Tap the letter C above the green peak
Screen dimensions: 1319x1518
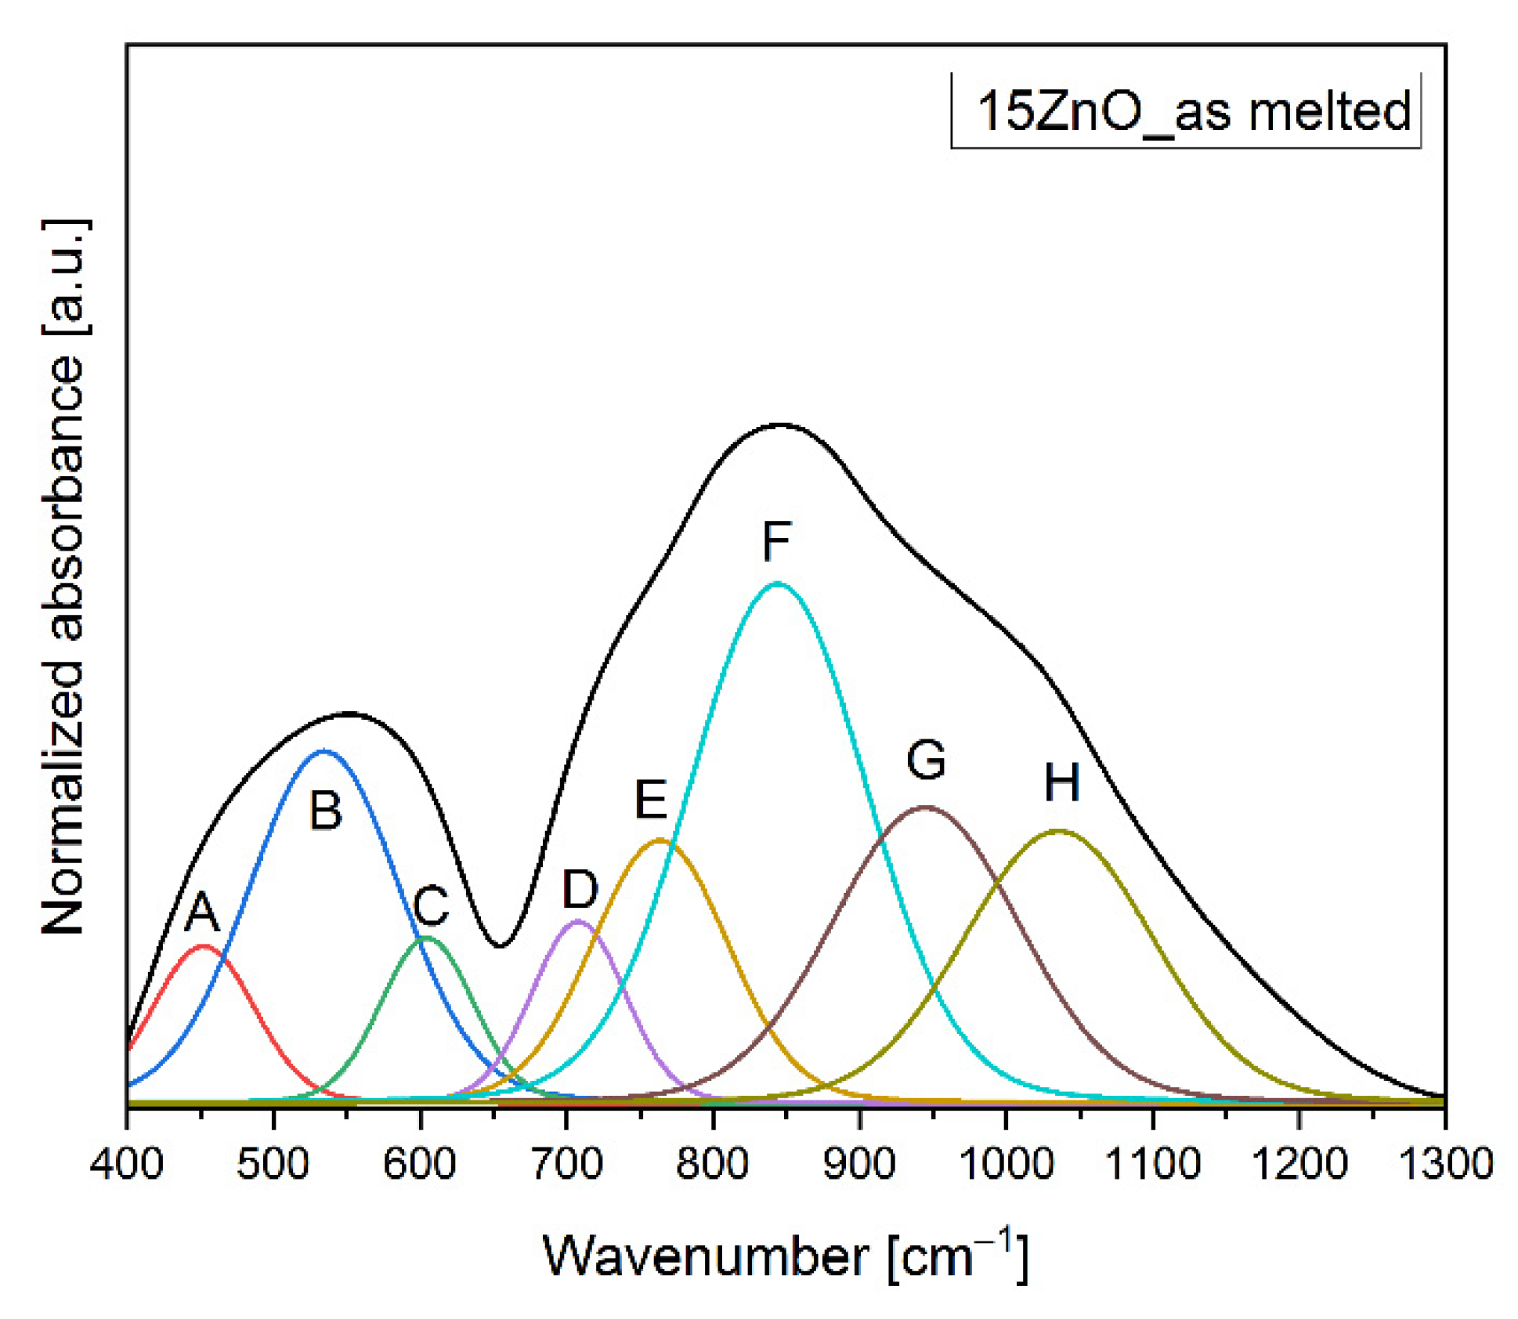(430, 905)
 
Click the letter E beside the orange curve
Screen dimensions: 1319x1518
(650, 800)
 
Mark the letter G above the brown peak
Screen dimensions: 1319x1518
(926, 759)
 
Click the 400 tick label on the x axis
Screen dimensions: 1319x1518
(127, 1163)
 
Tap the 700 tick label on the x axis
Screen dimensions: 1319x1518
(566, 1163)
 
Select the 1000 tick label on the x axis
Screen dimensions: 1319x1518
(1006, 1163)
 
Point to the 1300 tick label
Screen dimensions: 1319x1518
(1445, 1163)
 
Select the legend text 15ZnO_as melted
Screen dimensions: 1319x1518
(1193, 111)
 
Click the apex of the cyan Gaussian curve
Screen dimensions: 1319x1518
(776, 583)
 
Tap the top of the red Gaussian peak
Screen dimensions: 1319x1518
(204, 946)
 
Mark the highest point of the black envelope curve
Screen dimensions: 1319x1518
(780, 425)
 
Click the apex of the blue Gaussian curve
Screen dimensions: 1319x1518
(323, 750)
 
